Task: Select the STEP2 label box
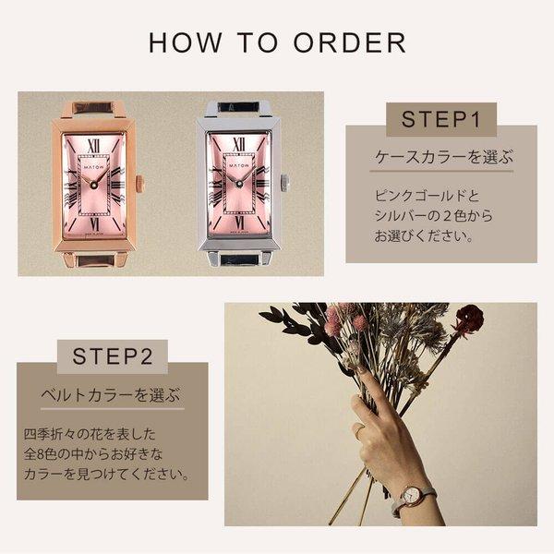[x=113, y=356]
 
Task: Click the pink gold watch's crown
[x=140, y=183]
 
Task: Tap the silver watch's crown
[x=285, y=183]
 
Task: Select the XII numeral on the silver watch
[x=239, y=145]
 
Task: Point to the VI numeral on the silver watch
[x=239, y=222]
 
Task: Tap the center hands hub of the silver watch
[x=239, y=184]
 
